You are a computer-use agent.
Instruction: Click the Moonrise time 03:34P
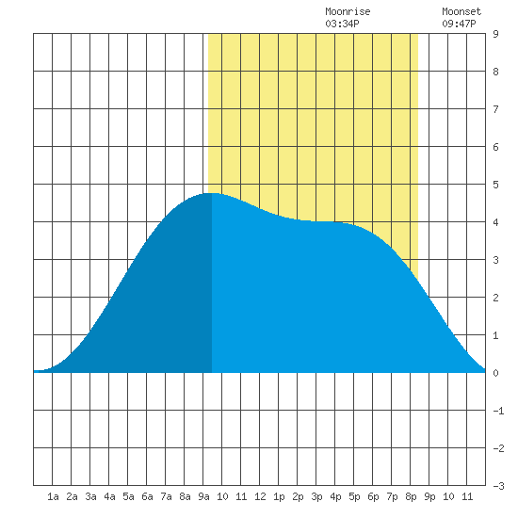(x=342, y=24)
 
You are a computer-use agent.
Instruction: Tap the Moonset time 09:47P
(x=459, y=24)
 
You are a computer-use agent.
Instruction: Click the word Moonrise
(x=348, y=11)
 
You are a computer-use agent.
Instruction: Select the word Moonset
(x=461, y=11)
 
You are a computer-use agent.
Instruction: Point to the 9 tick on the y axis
(x=495, y=34)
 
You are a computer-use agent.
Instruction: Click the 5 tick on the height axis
(x=495, y=185)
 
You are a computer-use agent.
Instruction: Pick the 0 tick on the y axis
(x=495, y=373)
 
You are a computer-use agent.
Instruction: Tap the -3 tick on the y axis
(x=498, y=486)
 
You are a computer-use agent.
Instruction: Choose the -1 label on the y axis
(x=498, y=411)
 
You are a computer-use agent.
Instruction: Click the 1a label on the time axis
(x=53, y=496)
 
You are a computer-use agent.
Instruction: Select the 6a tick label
(x=147, y=496)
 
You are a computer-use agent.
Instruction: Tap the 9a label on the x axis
(x=203, y=496)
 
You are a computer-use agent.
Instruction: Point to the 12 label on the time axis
(x=260, y=496)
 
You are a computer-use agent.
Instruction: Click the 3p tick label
(x=316, y=496)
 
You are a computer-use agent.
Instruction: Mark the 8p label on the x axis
(x=411, y=496)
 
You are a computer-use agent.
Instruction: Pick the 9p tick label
(x=429, y=496)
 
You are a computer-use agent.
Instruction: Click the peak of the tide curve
(x=211, y=193)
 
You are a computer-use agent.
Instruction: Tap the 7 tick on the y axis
(x=495, y=109)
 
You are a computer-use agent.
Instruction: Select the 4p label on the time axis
(x=335, y=496)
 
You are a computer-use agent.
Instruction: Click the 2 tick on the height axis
(x=495, y=298)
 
